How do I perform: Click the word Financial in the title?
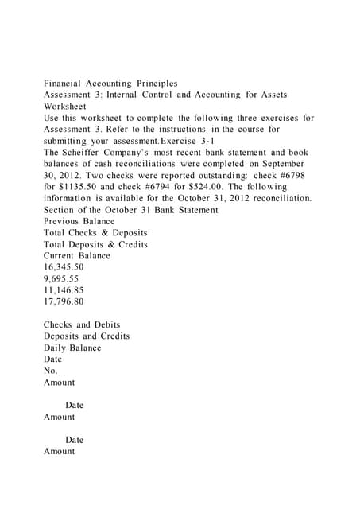pyautogui.click(x=66, y=83)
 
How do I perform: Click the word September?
pyautogui.click(x=284, y=163)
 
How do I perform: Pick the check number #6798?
pyautogui.click(x=289, y=175)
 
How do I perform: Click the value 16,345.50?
pyautogui.click(x=64, y=267)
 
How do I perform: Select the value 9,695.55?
pyautogui.click(x=60, y=279)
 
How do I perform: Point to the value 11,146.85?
pyautogui.click(x=64, y=290)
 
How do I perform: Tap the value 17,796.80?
pyautogui.click(x=64, y=302)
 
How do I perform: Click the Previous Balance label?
pyautogui.click(x=79, y=221)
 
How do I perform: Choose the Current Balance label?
pyautogui.click(x=77, y=256)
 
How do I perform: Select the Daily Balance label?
pyautogui.click(x=72, y=348)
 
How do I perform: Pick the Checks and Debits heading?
pyautogui.click(x=82, y=324)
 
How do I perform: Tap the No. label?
pyautogui.click(x=51, y=371)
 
